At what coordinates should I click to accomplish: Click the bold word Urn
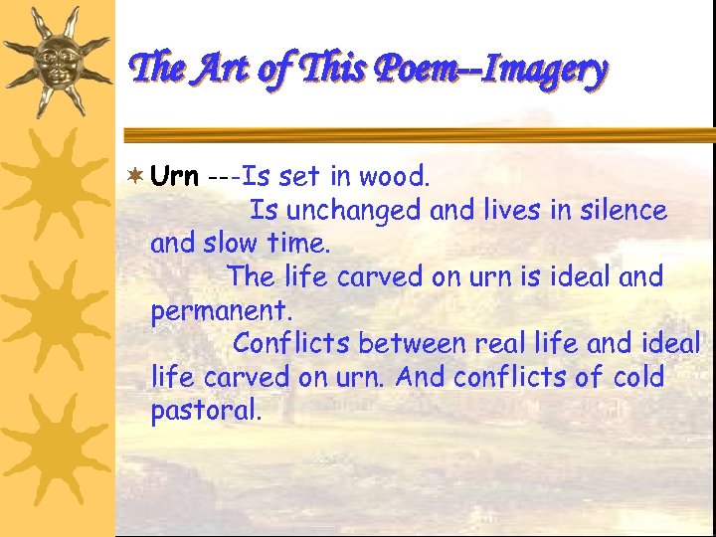point(174,177)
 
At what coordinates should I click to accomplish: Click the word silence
point(622,211)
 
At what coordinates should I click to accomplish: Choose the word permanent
point(222,310)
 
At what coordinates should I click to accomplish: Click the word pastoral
point(206,411)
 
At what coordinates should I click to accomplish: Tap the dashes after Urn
point(223,177)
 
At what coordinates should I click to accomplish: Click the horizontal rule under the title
point(418,132)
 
